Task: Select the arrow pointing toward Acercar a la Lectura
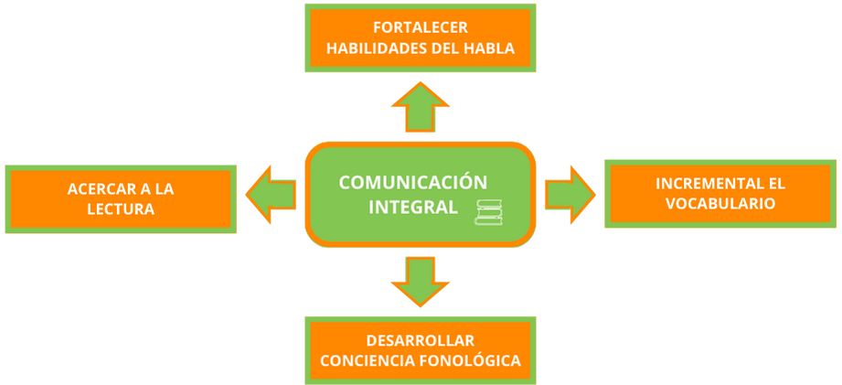pos(271,195)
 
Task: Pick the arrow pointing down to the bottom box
pos(420,282)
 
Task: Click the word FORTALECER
pos(421,28)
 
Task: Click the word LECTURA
pos(123,209)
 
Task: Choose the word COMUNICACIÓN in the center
pos(413,181)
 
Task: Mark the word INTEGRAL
pos(412,208)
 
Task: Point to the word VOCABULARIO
pos(720,203)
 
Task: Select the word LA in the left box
pos(164,189)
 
